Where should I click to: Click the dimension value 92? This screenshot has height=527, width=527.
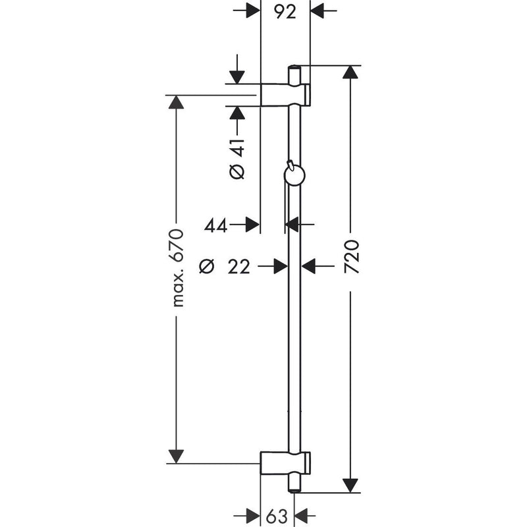285,12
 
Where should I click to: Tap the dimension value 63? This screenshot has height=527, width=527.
277,516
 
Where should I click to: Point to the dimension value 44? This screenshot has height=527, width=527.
215,225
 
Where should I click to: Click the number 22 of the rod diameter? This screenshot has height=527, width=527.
239,267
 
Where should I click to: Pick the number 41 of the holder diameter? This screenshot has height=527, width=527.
237,147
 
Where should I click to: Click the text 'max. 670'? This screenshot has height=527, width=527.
177,268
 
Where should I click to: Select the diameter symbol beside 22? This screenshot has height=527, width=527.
206,267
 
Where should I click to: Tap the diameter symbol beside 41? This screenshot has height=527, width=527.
237,172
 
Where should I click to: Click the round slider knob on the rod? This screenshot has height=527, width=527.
294,175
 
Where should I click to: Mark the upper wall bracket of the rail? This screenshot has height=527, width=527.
285,95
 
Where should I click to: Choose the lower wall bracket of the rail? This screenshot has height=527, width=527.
285,463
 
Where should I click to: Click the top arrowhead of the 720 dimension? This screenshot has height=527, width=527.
350,72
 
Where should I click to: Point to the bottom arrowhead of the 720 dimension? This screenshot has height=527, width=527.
350,486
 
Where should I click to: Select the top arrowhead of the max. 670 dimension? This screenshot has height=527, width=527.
176,102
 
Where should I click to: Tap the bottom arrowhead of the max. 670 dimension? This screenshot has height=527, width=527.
176,457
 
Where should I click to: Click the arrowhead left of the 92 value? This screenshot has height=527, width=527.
253,11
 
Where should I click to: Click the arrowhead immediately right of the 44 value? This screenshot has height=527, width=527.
252,224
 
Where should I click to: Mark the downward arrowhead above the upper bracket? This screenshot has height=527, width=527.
237,77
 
